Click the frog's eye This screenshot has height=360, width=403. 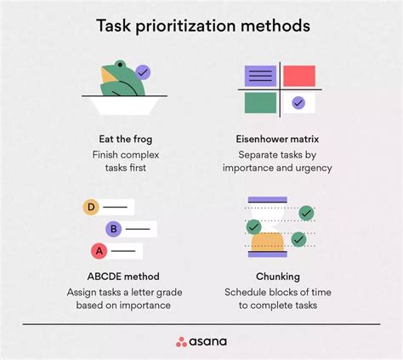point(121,65)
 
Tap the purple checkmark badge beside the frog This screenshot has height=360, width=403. point(143,72)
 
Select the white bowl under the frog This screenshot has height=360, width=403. point(125,106)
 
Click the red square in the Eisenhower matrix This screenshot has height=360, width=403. point(299,76)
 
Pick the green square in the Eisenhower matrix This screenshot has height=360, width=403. point(260,103)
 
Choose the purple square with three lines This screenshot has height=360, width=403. point(260,76)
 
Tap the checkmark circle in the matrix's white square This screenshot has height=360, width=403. point(298,103)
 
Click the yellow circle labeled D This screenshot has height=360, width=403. point(91,207)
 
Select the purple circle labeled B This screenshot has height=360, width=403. point(114,229)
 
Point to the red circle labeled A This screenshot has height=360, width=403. point(99,251)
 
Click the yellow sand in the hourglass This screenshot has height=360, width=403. point(267,242)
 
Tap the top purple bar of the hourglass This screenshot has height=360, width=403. point(268,200)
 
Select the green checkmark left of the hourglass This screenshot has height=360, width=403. point(253,226)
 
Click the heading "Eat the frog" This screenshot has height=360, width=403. point(126,140)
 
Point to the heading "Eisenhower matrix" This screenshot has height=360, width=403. point(277,139)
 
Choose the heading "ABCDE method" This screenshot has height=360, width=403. point(123,277)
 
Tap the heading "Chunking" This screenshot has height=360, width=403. point(278,277)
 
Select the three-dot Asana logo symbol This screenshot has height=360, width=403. point(181,342)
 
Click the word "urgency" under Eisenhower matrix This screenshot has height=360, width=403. point(314,169)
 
